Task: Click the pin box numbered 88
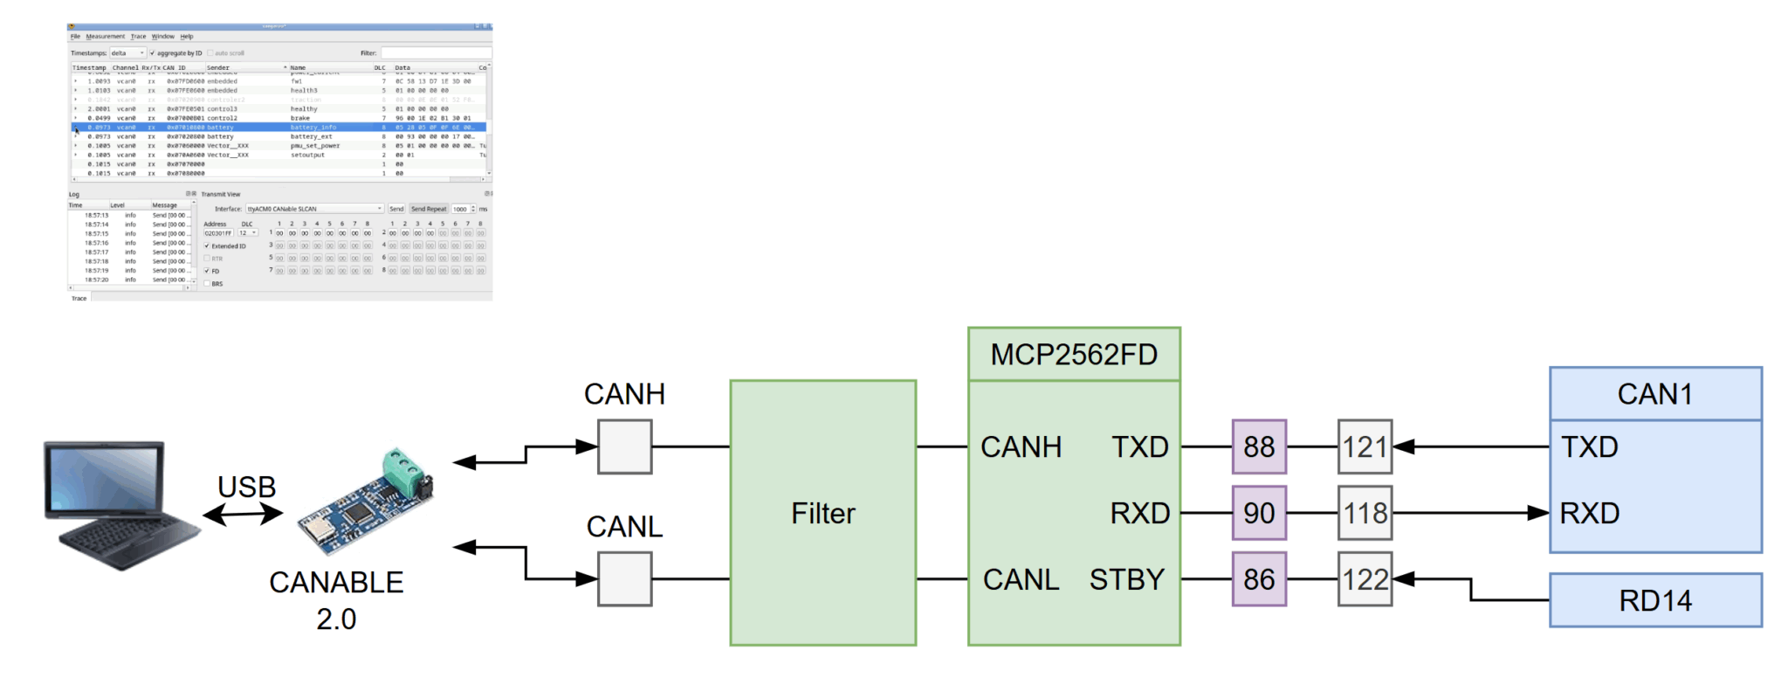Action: (x=1258, y=446)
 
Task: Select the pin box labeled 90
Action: (x=1258, y=513)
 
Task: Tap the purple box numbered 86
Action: (x=1258, y=579)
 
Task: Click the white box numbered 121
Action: (x=1364, y=446)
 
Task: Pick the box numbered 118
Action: (x=1364, y=513)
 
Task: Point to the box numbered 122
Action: (x=1364, y=579)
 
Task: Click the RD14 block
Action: (x=1654, y=600)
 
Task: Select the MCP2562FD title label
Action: (x=1073, y=355)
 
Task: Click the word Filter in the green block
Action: (x=822, y=513)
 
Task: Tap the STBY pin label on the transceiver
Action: (x=1126, y=579)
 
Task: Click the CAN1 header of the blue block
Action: (x=1654, y=394)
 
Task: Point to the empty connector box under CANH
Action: (x=624, y=446)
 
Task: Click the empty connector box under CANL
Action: (x=624, y=579)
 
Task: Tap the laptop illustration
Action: (x=118, y=504)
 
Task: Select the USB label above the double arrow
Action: (x=246, y=487)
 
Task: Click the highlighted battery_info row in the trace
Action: (x=279, y=128)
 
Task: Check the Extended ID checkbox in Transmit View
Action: (x=207, y=246)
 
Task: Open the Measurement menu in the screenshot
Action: (x=105, y=37)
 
